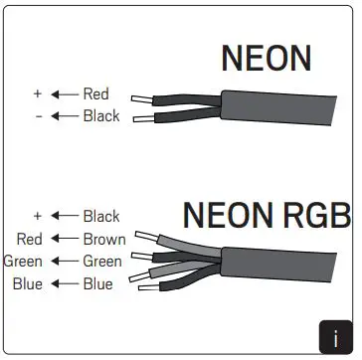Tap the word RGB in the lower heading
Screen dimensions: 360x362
click(315, 215)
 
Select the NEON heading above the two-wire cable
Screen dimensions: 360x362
click(267, 59)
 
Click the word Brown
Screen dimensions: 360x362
click(103, 239)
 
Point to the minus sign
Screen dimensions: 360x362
click(38, 115)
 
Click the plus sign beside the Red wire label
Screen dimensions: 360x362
click(38, 93)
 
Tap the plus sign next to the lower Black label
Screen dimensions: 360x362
click(38, 216)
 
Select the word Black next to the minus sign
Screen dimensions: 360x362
click(101, 115)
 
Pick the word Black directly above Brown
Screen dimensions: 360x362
click(101, 216)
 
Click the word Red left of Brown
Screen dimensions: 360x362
click(30, 239)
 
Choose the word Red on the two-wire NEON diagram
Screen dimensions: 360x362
click(95, 93)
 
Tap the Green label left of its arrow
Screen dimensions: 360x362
click(22, 262)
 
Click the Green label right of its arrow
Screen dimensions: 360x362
click(102, 262)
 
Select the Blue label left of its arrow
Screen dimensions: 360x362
click(27, 284)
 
